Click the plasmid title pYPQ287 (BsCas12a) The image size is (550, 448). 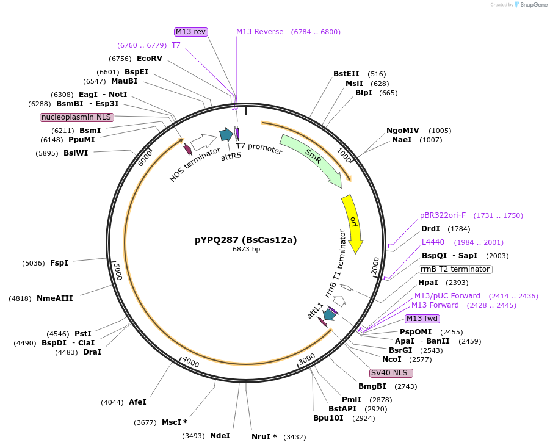click(245, 240)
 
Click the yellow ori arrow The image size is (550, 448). click(353, 222)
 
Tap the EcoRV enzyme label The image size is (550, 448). click(150, 59)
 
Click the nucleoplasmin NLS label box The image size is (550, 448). click(77, 117)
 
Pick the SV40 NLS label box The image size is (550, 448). click(391, 373)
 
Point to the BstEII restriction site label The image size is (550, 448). click(346, 74)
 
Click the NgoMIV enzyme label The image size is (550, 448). click(403, 131)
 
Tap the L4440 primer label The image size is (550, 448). click(433, 242)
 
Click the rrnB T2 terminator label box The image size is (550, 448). click(455, 269)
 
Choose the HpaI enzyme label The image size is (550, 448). click(428, 283)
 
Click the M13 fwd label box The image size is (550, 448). click(422, 319)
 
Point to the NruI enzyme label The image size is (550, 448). click(264, 437)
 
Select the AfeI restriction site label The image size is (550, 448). click(137, 402)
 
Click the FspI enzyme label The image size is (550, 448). click(59, 263)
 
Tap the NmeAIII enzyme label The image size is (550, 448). click(55, 298)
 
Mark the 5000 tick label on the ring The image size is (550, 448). click(118, 272)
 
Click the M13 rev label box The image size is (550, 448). click(191, 32)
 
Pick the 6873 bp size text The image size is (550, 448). click(246, 249)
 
